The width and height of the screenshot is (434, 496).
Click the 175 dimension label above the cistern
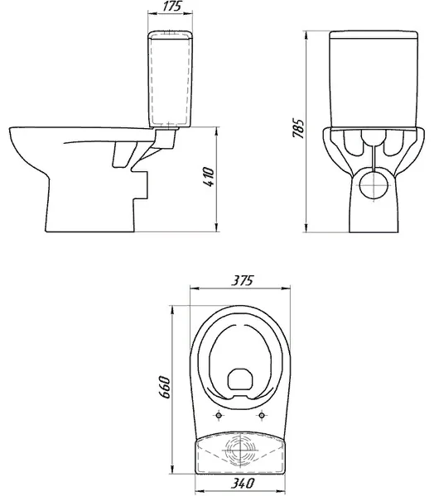coord(172,7)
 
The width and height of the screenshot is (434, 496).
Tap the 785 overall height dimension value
coord(298,128)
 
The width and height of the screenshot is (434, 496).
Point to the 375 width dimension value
coord(243,280)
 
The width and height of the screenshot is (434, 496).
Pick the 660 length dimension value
coord(165,388)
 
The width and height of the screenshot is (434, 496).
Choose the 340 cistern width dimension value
coord(242,483)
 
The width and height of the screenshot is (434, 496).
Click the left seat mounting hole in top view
coord(219,415)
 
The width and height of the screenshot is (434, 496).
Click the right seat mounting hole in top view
coord(262,415)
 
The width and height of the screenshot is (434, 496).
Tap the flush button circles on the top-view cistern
coord(240,450)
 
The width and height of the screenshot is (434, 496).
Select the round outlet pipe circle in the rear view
coord(374,184)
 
